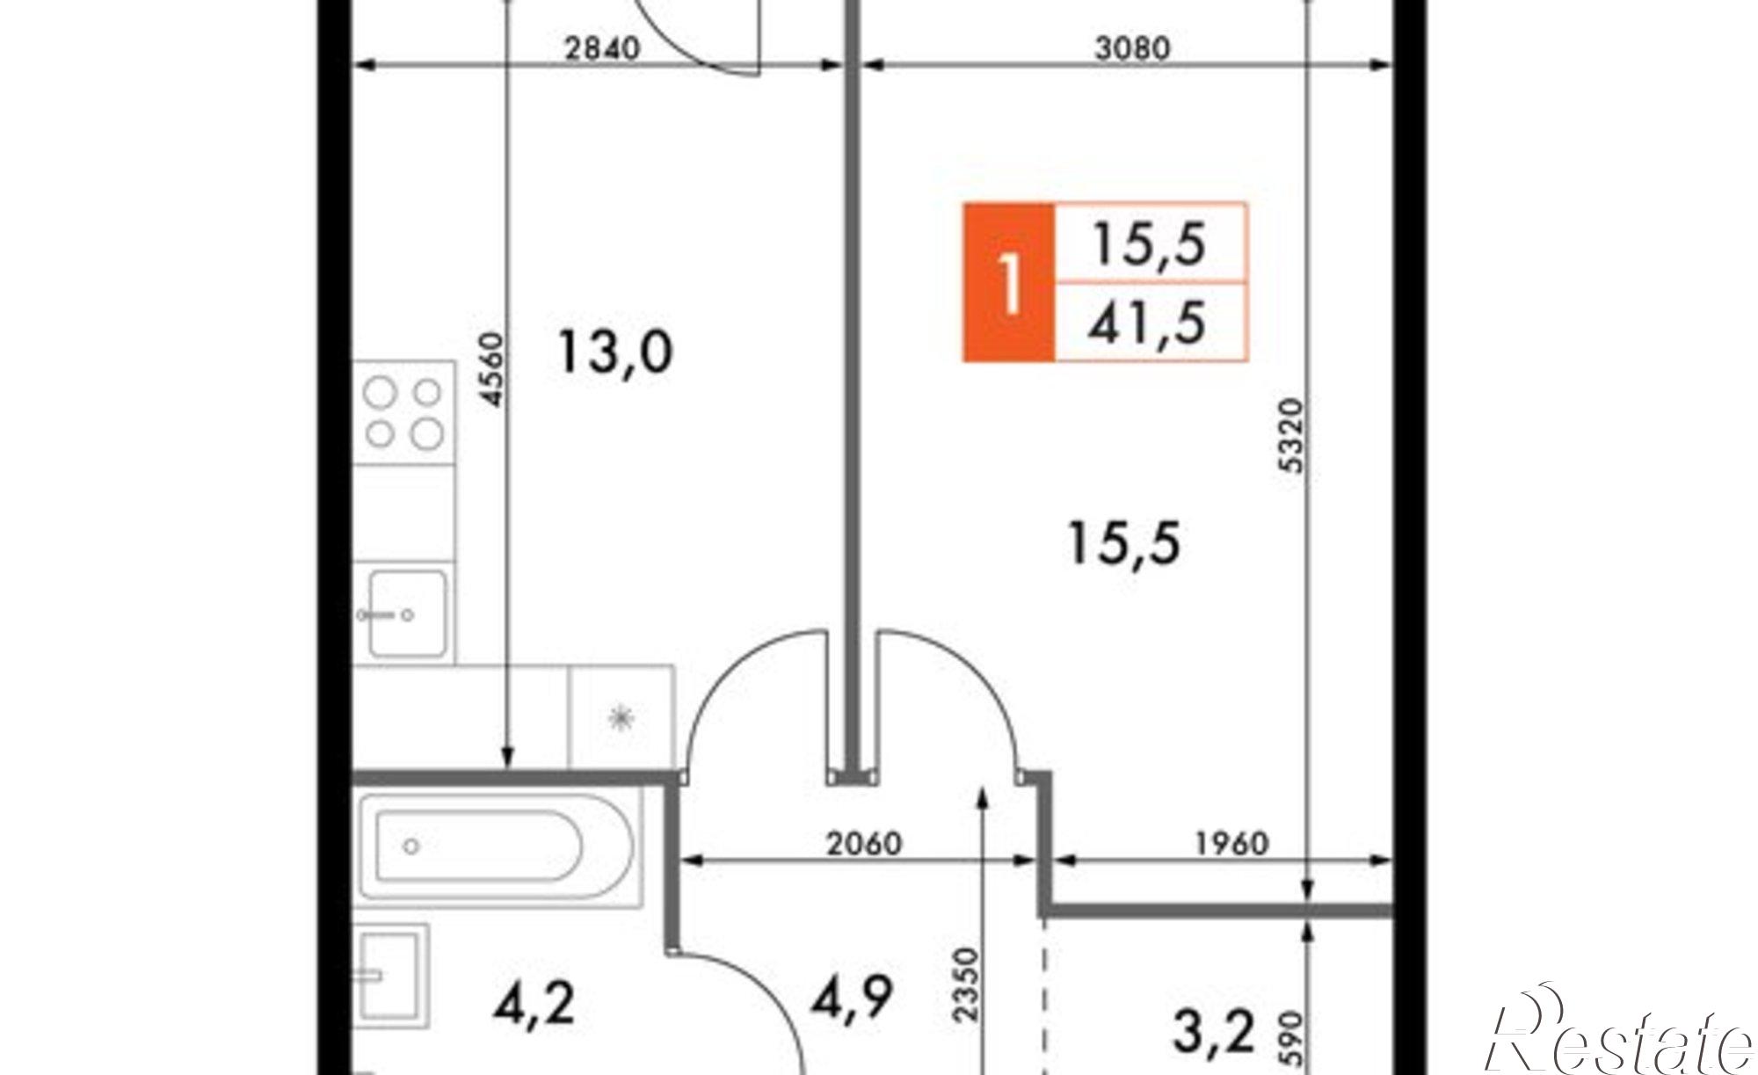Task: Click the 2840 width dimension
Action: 601,47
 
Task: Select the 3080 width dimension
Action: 1132,47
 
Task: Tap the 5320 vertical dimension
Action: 1293,436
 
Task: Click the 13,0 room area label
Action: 615,352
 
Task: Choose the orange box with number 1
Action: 1009,282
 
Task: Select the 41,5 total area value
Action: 1147,323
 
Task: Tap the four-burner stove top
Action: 404,413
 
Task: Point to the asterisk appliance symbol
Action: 621,718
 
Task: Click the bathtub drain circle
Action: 410,846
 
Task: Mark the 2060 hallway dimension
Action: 864,844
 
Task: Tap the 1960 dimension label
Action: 1232,844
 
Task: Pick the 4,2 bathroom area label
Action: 534,1004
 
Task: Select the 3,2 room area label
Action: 1214,1032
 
